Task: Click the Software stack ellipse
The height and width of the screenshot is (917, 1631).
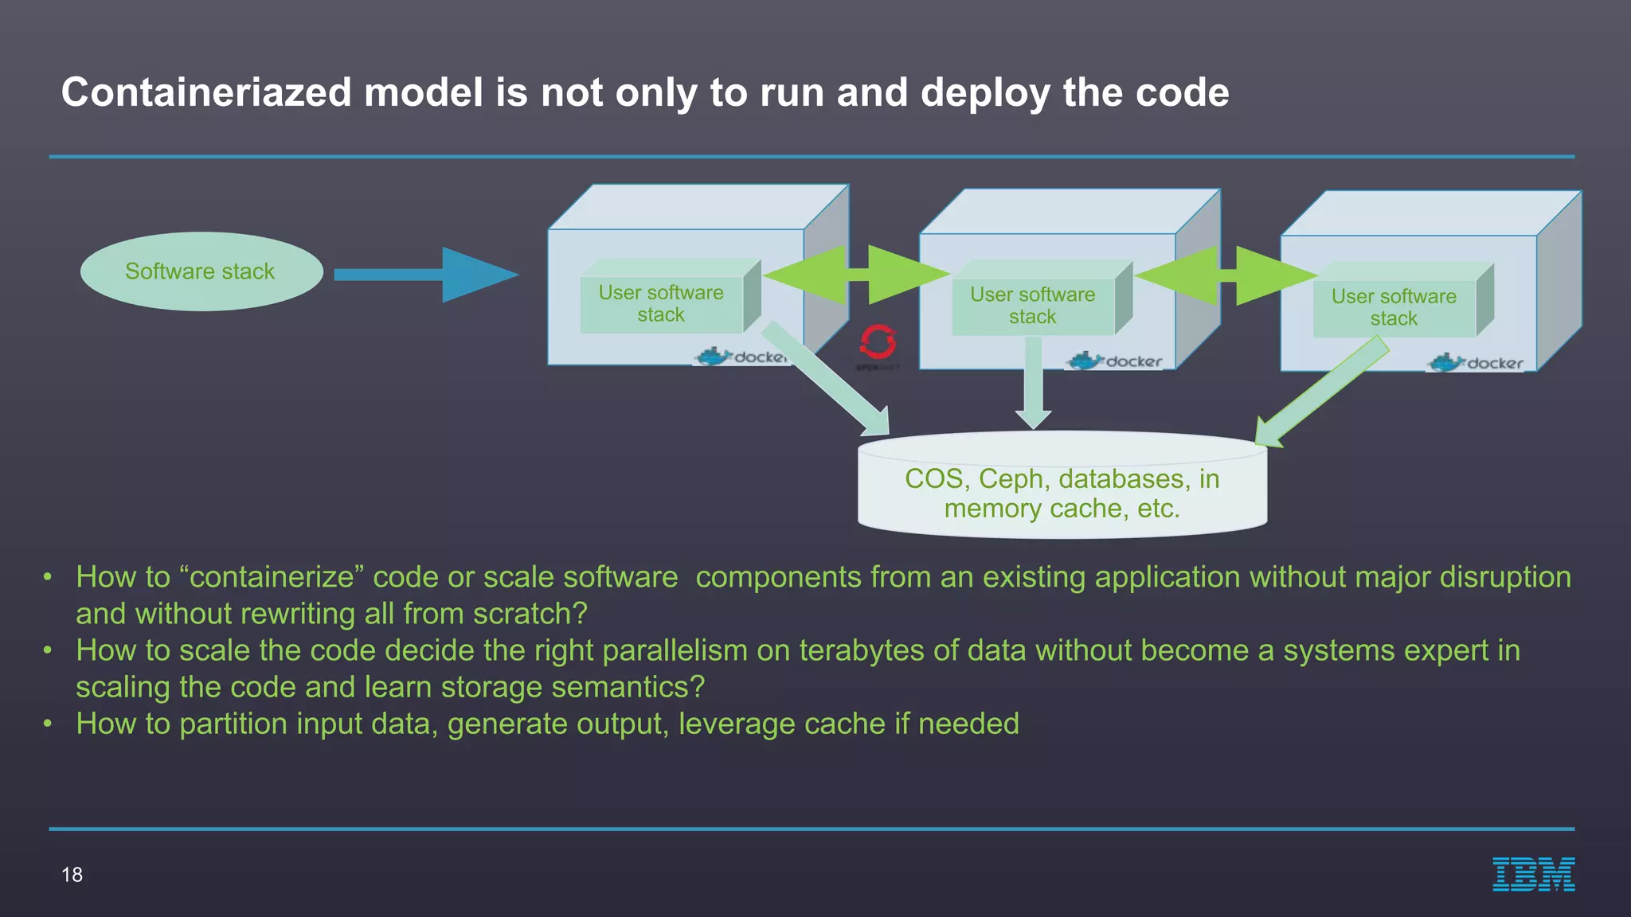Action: click(x=201, y=271)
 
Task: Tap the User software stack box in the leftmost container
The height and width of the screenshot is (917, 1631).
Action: click(x=662, y=303)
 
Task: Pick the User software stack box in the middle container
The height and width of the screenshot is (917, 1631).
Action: click(x=1033, y=305)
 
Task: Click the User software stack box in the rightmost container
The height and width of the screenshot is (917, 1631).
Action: click(x=1394, y=307)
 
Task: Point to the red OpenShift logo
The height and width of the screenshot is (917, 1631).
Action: click(x=878, y=342)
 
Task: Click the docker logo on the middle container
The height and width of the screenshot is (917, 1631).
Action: click(x=1115, y=361)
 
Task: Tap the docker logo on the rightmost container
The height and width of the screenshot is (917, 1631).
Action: click(x=1477, y=363)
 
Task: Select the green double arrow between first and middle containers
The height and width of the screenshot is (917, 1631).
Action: click(x=857, y=275)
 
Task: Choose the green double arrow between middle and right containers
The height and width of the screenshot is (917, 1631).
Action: click(x=1227, y=275)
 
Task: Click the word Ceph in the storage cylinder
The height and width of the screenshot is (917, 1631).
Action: click(x=1010, y=479)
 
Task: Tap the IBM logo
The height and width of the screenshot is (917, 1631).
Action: click(x=1533, y=874)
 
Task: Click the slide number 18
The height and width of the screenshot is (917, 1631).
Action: click(x=72, y=875)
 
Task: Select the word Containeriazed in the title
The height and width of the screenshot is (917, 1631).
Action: click(x=206, y=92)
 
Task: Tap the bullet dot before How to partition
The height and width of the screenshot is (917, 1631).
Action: click(x=48, y=724)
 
